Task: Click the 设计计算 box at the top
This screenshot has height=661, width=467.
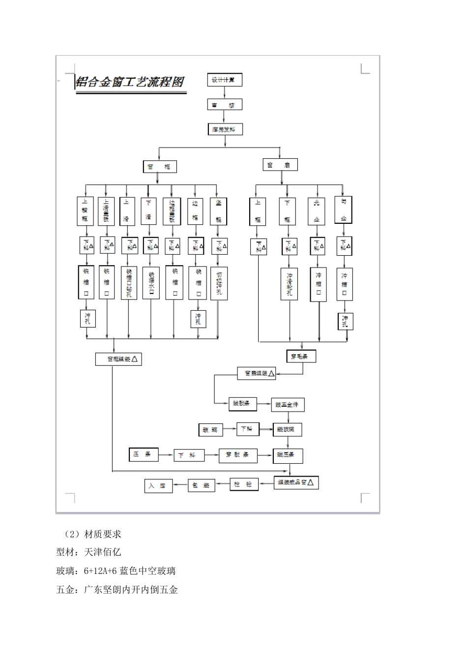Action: pos(224,80)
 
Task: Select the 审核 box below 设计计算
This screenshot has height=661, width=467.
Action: pos(224,105)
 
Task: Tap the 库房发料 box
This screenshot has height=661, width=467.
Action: pos(224,130)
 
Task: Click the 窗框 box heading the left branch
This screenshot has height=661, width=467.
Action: pos(159,167)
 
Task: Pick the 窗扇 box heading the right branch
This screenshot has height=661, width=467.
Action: pos(280,165)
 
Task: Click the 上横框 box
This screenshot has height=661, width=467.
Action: pos(86,210)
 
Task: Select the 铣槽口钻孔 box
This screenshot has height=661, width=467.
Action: pos(129,283)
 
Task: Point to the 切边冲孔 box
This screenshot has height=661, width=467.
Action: pos(219,283)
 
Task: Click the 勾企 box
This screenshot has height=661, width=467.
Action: pos(343,210)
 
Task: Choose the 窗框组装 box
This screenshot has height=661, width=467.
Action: pos(118,359)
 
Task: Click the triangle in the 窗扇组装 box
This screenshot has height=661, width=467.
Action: pos(271,373)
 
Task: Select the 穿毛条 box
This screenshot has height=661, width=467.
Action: pos(300,356)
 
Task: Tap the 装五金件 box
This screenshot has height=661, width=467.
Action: pos(288,404)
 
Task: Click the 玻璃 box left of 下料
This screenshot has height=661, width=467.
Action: pos(210,429)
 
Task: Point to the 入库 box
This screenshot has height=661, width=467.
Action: pos(158,485)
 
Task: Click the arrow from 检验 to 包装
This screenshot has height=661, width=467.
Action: pos(223,484)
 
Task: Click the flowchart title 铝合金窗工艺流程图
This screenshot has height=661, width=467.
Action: pos(131,82)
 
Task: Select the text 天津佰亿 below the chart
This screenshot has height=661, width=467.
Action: pos(103,552)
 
